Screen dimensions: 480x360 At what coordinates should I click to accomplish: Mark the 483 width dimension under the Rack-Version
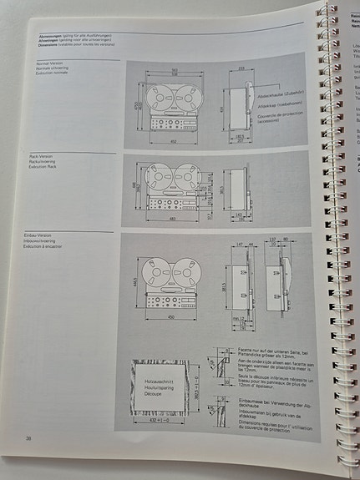pos(172,220)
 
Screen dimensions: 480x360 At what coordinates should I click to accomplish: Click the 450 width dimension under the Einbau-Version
pos(172,317)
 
